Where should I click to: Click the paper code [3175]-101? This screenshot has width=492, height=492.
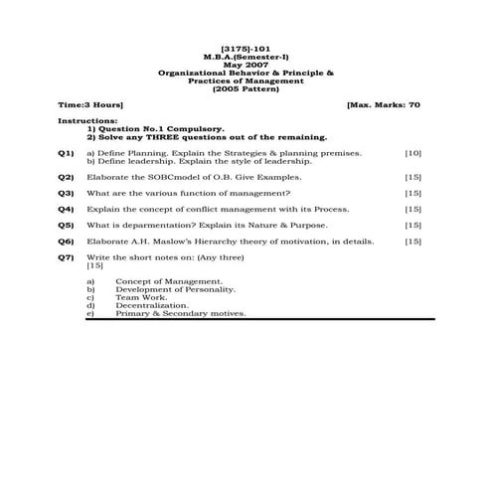[x=246, y=51]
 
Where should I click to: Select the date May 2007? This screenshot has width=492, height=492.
[x=246, y=66]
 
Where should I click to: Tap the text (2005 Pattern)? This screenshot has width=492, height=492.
[x=246, y=87]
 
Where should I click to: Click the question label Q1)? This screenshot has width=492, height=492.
[x=66, y=154]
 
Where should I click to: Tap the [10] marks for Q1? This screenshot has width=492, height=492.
[x=413, y=154]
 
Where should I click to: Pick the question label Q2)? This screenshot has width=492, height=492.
[x=66, y=176]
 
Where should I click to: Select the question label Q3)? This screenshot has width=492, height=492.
[x=66, y=193]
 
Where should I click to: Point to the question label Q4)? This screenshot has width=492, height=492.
[x=66, y=210]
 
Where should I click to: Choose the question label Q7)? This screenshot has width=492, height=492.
[x=66, y=257]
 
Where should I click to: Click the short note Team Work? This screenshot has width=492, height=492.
[x=141, y=297]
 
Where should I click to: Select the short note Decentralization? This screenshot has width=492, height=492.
[x=152, y=305]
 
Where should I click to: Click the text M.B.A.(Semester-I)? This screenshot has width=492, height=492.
[x=246, y=59]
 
